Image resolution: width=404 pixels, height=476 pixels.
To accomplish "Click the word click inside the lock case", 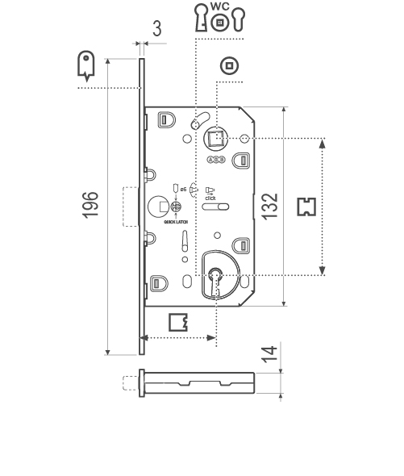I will click(210, 197).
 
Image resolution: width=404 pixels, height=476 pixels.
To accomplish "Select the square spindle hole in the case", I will click(215, 140).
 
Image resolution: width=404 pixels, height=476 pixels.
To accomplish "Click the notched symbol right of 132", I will click(305, 207).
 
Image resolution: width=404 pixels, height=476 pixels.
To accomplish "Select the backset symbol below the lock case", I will click(179, 322).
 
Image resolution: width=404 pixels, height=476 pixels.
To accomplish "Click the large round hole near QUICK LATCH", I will click(156, 206).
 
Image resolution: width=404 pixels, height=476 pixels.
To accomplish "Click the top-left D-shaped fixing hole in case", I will click(165, 119).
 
